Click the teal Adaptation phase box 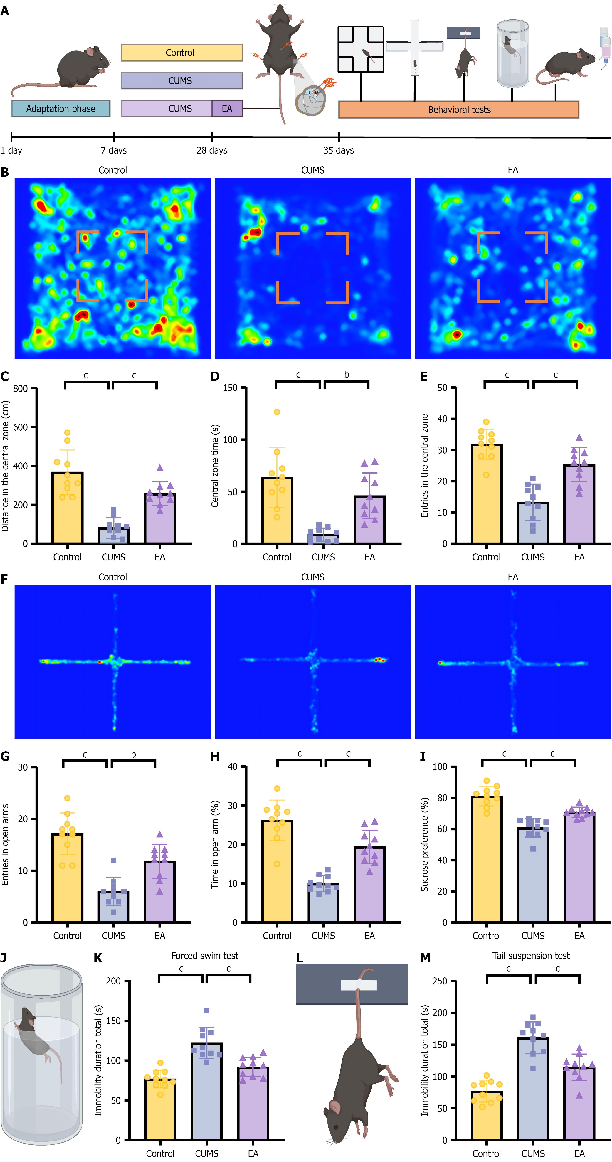pyautogui.click(x=60, y=109)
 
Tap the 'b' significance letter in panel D pyautogui.click(x=346, y=374)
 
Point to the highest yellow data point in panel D pyautogui.click(x=277, y=412)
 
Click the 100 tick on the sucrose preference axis pyautogui.click(x=440, y=767)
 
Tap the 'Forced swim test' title pyautogui.click(x=204, y=956)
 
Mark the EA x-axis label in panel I pyautogui.click(x=579, y=936)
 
